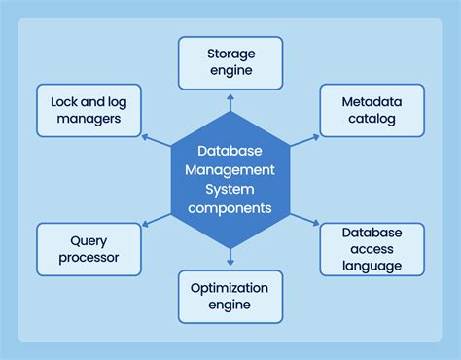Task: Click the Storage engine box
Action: pos(230,63)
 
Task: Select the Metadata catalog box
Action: pos(372,111)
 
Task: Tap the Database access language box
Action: pos(372,249)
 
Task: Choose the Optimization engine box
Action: pos(230,297)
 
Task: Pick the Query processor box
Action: pos(89,249)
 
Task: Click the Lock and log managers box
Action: pos(89,110)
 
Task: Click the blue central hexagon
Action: pos(230,180)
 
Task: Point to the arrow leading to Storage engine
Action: pos(230,101)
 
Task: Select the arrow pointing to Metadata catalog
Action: pos(304,138)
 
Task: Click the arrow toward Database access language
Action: pos(304,222)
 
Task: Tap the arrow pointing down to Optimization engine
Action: pos(230,258)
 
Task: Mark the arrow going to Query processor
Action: pos(157,222)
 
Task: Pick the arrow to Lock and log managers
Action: pos(157,138)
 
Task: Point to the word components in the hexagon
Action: pos(230,208)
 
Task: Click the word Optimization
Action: pos(230,287)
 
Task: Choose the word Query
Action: pos(89,239)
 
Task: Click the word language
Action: pos(372,266)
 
